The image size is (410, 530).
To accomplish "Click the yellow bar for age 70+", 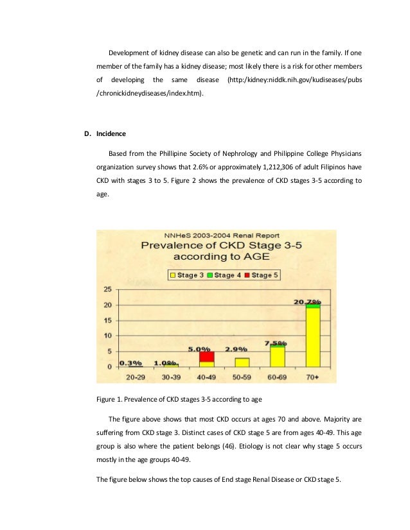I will (x=313, y=337).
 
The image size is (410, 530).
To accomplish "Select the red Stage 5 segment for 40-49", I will (x=206, y=357).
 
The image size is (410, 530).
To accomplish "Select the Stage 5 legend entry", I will (x=261, y=275).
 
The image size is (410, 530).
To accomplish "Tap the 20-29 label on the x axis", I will (x=135, y=377).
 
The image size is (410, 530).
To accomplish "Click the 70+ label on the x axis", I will (x=313, y=377).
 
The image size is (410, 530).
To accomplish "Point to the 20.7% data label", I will (x=313, y=301).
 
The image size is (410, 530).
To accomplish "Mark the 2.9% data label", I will (x=236, y=349).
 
